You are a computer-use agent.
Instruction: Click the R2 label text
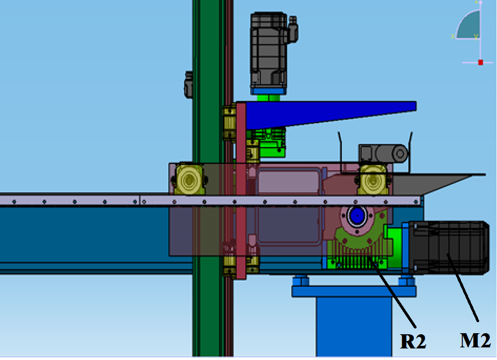tap(413, 341)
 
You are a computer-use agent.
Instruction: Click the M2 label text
tap(475, 341)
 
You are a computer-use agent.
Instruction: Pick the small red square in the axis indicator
tap(481, 63)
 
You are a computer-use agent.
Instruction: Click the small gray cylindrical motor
tap(383, 153)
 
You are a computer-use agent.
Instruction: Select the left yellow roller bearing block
tap(189, 179)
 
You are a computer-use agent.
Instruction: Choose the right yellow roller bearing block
tap(373, 180)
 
